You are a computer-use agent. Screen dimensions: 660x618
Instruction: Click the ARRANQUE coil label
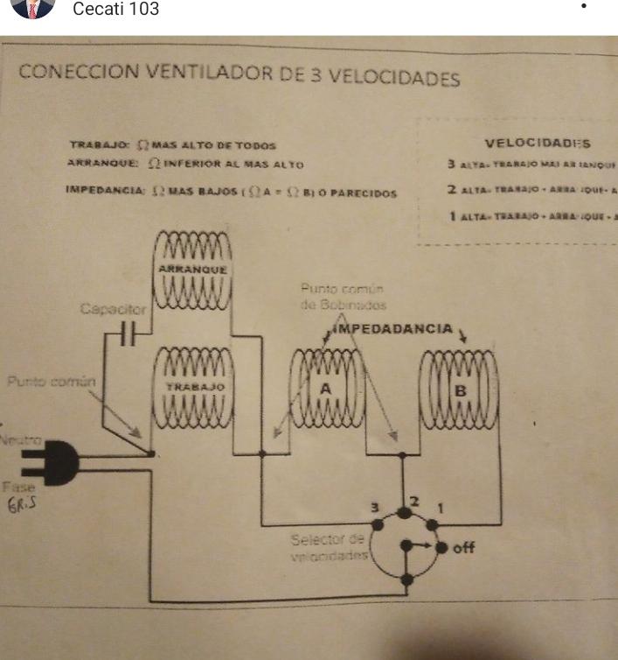click(x=193, y=270)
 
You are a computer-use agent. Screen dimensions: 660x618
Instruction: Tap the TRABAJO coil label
click(x=195, y=387)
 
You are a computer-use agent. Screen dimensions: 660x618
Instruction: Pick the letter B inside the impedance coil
click(x=460, y=390)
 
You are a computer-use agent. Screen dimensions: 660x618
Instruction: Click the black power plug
click(x=52, y=460)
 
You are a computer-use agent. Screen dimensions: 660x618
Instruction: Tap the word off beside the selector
click(x=463, y=548)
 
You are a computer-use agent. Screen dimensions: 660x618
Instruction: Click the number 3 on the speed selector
click(x=376, y=508)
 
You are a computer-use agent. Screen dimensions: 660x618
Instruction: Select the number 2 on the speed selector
click(x=415, y=501)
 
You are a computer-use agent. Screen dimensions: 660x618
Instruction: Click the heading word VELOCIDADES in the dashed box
click(x=538, y=144)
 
